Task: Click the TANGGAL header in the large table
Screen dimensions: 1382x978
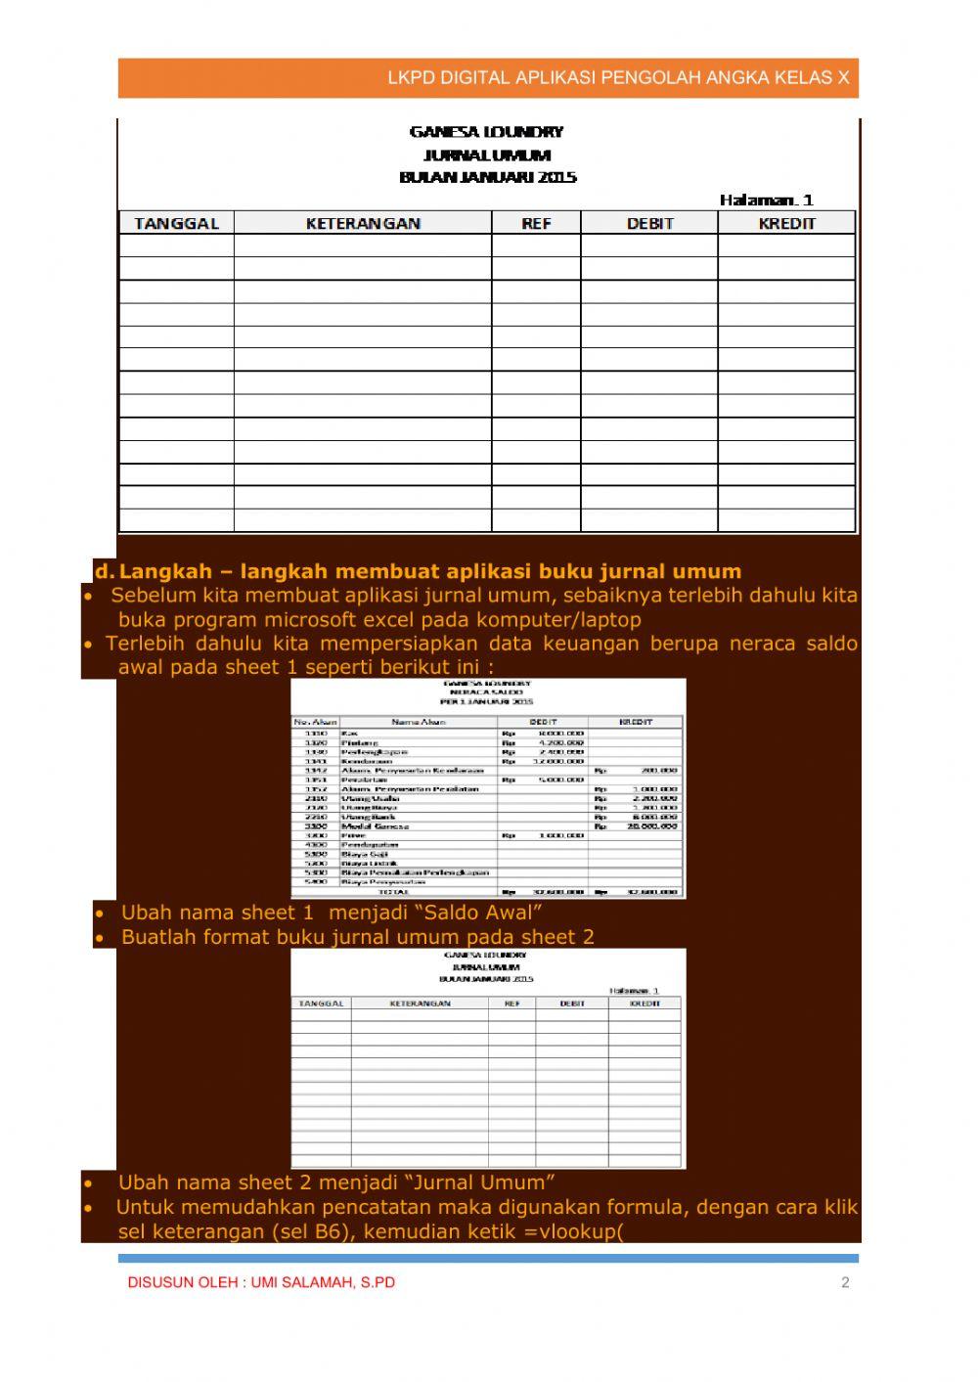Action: pos(176,223)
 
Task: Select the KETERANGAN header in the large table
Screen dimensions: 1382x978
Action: pos(363,223)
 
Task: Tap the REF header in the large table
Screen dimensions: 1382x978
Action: pos(536,223)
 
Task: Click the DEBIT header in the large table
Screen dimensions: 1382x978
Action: pos(649,223)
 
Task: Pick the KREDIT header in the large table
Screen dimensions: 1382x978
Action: pos(786,223)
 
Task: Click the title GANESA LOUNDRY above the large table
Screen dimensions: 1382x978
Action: pos(486,132)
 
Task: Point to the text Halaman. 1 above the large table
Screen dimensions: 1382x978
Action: pos(766,200)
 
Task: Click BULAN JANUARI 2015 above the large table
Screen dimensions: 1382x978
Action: pos(488,177)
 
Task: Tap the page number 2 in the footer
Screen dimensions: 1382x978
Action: pos(845,1282)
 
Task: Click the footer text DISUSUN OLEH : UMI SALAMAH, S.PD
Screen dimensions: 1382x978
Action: pos(261,1282)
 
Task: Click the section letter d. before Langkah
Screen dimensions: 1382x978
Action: pos(104,571)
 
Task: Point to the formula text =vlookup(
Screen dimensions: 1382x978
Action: pos(574,1230)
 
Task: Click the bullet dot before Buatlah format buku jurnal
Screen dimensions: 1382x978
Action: pos(100,937)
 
